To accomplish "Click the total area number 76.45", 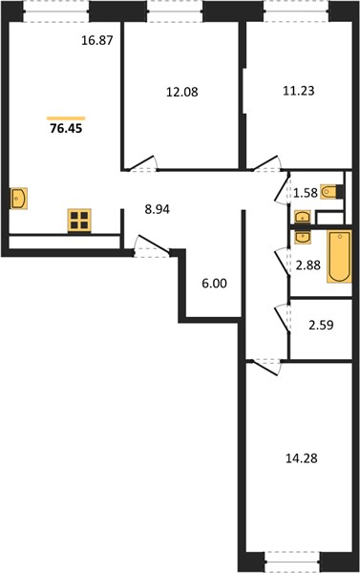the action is tap(66, 129).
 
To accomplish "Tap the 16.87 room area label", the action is tap(97, 40).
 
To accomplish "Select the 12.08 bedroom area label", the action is tap(182, 92).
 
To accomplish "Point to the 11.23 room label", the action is tap(299, 91).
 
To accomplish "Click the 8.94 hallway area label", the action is tap(158, 210).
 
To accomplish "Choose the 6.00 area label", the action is tap(215, 284).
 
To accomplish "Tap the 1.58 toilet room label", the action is tap(306, 193).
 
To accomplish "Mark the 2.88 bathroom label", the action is tap(308, 265).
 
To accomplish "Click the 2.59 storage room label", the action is tap(321, 325).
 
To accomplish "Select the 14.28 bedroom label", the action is tap(301, 458).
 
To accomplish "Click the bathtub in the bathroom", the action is tap(340, 257).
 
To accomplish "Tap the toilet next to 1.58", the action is tap(332, 192).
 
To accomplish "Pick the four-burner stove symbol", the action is tap(79, 221).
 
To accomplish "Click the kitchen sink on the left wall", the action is tap(19, 199).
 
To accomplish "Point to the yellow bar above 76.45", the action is tap(66, 118).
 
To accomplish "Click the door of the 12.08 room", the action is tap(142, 163).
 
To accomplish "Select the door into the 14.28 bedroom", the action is tap(265, 367).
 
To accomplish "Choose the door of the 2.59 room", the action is tap(282, 318).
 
